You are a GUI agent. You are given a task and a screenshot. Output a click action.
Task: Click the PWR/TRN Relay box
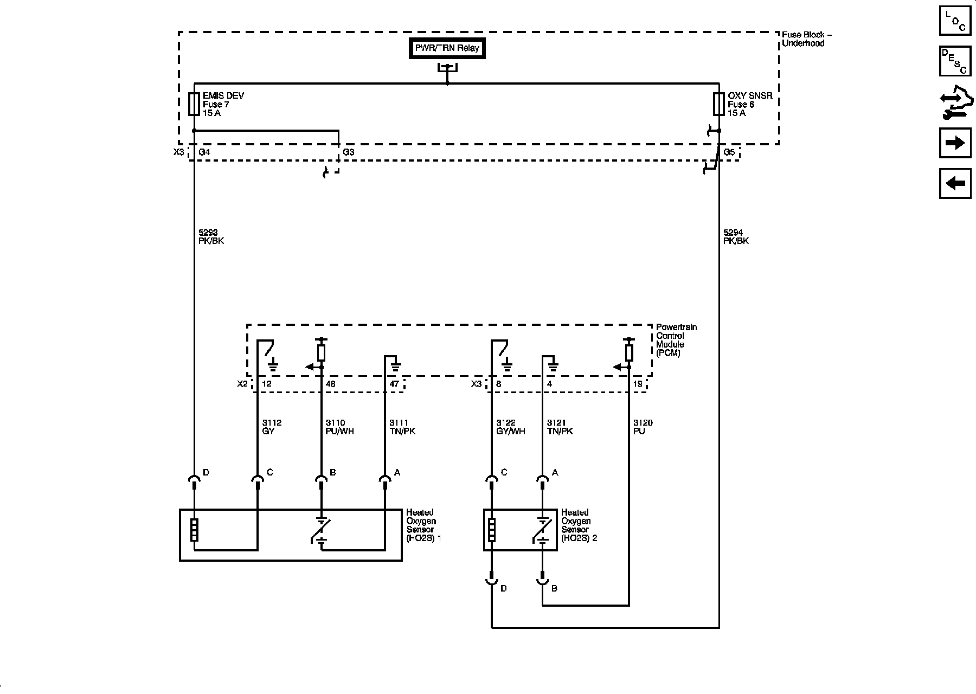coord(447,48)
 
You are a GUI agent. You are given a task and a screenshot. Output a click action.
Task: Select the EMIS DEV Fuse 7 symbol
coord(194,104)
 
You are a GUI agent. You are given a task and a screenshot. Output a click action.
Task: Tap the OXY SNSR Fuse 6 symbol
coord(719,104)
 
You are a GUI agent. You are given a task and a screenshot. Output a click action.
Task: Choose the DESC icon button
coord(955,61)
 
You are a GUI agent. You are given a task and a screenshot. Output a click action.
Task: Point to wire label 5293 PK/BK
coord(211,236)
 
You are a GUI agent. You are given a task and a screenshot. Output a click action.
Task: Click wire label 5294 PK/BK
coord(736,236)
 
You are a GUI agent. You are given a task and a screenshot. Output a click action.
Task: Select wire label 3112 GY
coord(272,427)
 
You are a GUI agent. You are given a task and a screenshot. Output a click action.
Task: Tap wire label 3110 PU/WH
coord(339,427)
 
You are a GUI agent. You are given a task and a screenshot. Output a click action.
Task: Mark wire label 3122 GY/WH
coord(510,427)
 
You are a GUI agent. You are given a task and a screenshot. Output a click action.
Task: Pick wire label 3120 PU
coord(643,427)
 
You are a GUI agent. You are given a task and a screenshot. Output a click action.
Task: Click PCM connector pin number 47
coord(394,384)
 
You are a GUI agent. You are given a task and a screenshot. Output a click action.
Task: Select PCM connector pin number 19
coord(638,384)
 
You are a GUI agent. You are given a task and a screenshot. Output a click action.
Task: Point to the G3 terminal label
coord(349,152)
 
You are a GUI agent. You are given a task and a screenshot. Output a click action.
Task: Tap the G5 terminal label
coord(729,152)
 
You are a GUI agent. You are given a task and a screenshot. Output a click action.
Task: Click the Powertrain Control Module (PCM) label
coord(676,340)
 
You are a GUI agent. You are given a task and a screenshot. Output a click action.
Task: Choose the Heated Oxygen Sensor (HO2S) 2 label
coord(579,525)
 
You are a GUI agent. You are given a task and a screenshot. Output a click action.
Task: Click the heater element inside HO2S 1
coord(194,530)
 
